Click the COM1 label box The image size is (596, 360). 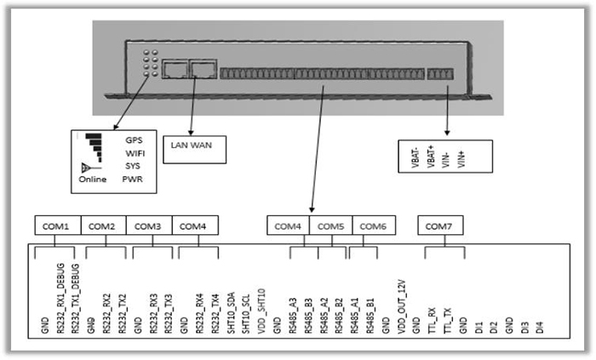pos(58,226)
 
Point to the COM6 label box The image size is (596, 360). pos(374,226)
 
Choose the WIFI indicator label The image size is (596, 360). pos(135,152)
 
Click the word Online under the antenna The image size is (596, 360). pos(94,180)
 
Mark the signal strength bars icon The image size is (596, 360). pos(94,146)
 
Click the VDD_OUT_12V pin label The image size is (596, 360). pos(400,300)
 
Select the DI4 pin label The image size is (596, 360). pos(539,322)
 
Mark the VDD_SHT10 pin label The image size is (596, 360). pos(261,306)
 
